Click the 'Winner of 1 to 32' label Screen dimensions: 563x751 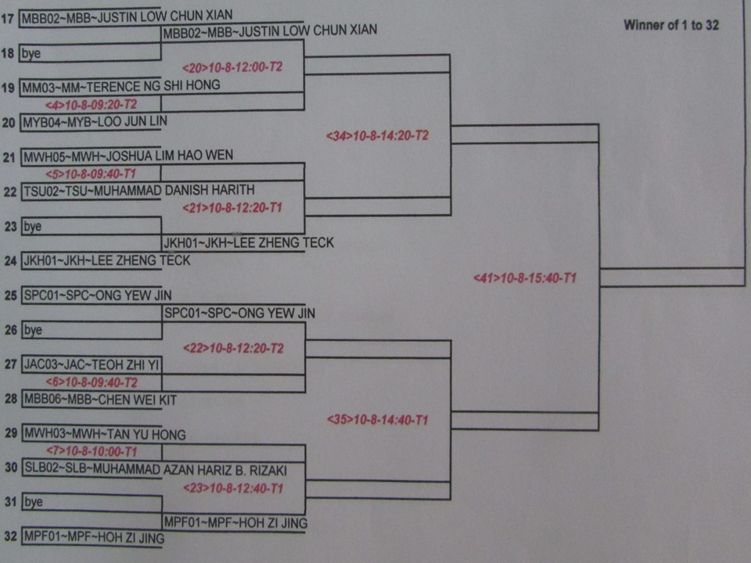[x=670, y=25]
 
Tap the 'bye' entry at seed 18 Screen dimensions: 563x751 [x=32, y=54]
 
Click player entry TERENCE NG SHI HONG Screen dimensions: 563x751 [x=121, y=85]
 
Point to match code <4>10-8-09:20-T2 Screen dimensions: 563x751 [x=91, y=103]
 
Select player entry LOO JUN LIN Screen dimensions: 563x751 [x=95, y=122]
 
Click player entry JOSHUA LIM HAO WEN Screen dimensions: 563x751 [x=128, y=156]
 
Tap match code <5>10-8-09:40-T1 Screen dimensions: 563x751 [x=91, y=174]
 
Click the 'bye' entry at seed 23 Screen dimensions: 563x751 [x=32, y=226]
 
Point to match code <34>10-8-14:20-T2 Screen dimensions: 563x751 [x=377, y=135]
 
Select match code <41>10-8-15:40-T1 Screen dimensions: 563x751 [x=525, y=278]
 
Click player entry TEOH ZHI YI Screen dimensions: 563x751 [x=92, y=364]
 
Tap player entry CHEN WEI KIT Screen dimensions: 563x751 [x=100, y=400]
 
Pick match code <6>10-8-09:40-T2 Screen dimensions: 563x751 [x=92, y=382]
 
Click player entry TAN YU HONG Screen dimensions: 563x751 [x=104, y=434]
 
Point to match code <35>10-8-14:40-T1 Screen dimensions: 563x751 [x=377, y=420]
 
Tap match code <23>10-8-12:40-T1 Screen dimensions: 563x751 [x=232, y=489]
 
